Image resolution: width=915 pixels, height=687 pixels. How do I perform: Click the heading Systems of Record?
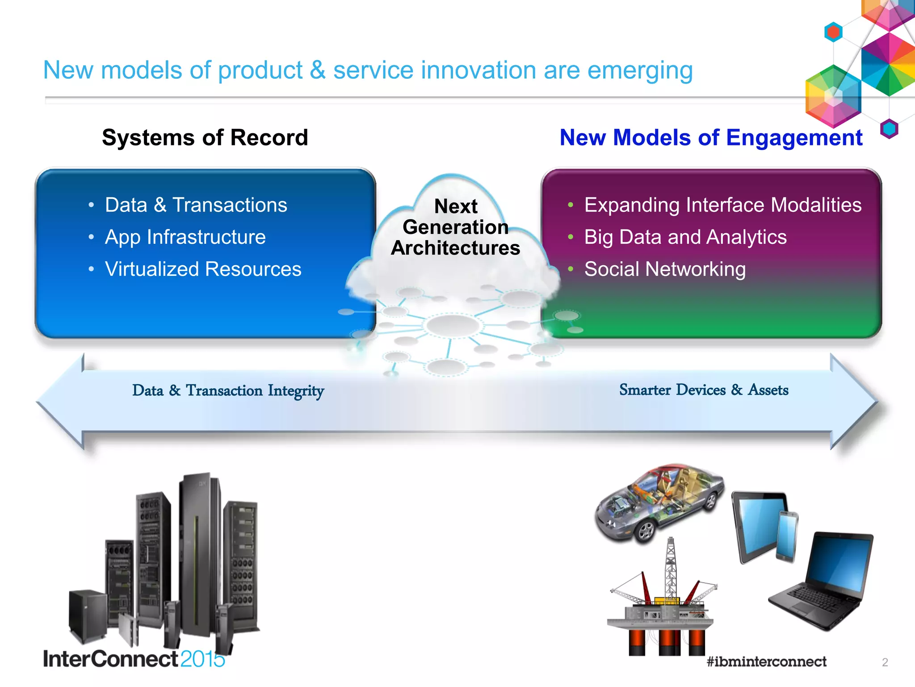click(205, 137)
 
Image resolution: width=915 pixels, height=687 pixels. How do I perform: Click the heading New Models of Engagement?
click(710, 137)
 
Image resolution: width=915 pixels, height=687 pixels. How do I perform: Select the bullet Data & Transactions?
click(196, 205)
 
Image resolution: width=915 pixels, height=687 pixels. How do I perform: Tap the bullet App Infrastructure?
click(185, 237)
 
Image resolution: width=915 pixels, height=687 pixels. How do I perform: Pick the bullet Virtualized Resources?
click(203, 269)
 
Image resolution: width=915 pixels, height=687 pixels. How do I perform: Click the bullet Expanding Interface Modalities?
click(722, 205)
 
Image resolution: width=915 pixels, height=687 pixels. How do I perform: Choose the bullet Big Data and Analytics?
click(685, 237)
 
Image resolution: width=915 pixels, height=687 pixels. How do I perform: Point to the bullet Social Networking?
click(665, 269)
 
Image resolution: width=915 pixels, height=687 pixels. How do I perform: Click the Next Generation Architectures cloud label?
click(455, 227)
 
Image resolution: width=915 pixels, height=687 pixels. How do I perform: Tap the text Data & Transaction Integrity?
click(228, 390)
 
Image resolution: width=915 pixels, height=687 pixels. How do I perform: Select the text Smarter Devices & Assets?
click(703, 390)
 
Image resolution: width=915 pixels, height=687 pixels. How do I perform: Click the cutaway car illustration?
click(659, 503)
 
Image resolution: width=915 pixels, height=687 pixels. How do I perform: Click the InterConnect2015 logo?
click(134, 659)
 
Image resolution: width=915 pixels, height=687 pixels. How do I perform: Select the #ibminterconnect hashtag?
click(766, 662)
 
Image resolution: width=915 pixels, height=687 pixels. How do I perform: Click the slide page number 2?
click(885, 662)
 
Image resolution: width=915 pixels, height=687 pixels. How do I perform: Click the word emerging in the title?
click(640, 71)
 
